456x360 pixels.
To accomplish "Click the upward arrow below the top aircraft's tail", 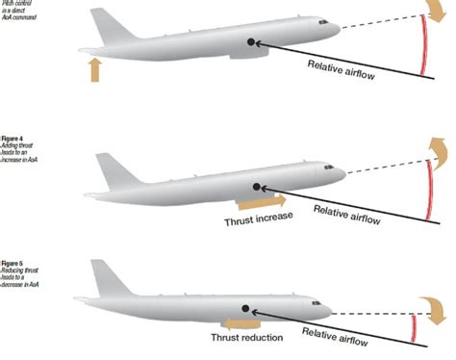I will tap(94, 69).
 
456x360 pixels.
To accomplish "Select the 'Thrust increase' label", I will tap(259, 218).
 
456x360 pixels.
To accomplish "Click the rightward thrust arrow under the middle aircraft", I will tap(262, 202).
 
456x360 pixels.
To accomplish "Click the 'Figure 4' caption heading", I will tap(12, 139).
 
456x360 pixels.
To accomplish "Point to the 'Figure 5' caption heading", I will tap(12, 262).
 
